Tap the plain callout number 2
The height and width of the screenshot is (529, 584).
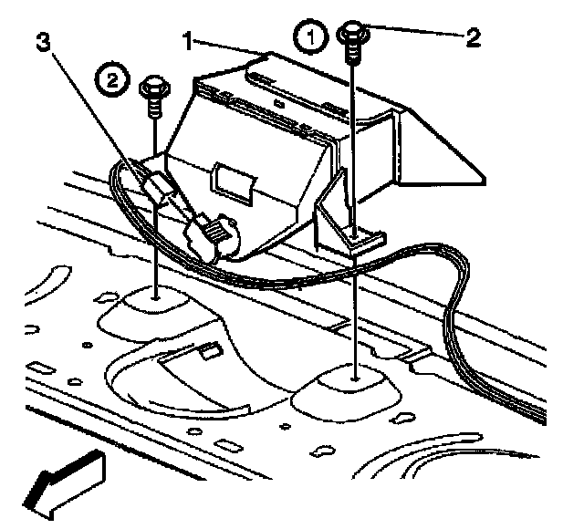473,37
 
